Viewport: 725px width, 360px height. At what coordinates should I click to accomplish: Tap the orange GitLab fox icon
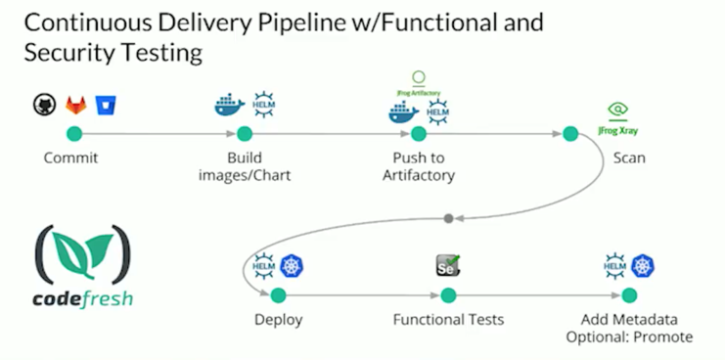tap(74, 105)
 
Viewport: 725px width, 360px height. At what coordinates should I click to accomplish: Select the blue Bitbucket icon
tap(103, 105)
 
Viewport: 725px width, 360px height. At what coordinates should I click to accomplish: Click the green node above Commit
tap(73, 134)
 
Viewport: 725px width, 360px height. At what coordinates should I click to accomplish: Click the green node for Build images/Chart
tap(245, 134)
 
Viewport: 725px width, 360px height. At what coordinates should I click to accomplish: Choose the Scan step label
tap(628, 157)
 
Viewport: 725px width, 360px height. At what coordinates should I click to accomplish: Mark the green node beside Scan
tap(570, 134)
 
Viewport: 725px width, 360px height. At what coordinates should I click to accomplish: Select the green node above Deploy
tap(278, 294)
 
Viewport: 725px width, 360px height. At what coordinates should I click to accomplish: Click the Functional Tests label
tap(448, 320)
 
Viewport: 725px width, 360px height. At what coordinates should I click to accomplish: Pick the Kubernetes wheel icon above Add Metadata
tap(643, 266)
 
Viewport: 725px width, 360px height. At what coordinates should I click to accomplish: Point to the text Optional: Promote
tap(629, 337)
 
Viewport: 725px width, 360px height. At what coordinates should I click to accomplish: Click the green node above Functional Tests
tap(448, 294)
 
